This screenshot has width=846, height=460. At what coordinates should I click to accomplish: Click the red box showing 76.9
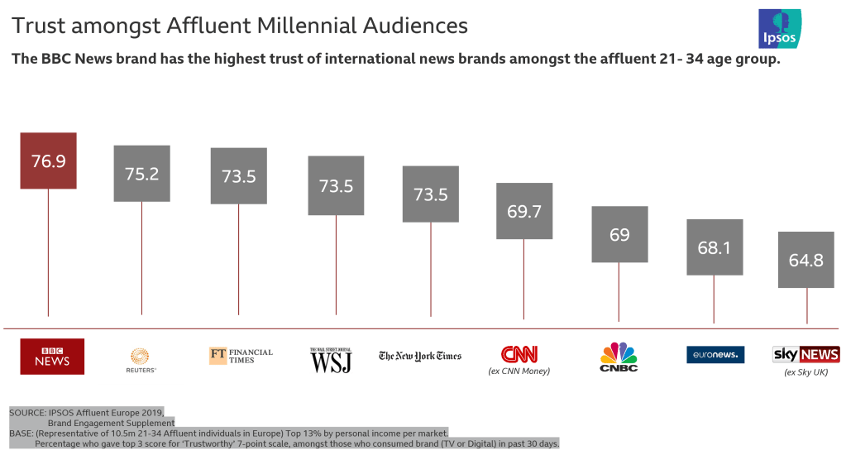[x=48, y=161]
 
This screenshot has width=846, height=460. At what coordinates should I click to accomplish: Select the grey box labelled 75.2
[x=141, y=173]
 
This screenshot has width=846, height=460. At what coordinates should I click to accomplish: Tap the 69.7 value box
[x=524, y=211]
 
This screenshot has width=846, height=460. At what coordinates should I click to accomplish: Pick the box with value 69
[x=619, y=234]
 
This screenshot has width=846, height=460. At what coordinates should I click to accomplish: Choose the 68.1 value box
[x=715, y=247]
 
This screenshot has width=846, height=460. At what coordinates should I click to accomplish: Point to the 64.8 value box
[x=806, y=260]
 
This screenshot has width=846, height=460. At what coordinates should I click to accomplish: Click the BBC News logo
[x=51, y=356]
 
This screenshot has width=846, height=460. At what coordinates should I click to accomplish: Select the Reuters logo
[x=142, y=359]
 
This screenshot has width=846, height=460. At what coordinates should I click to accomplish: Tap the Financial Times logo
[x=241, y=356]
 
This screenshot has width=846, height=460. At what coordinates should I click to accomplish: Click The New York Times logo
[x=420, y=356]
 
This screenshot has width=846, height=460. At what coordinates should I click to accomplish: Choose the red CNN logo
[x=519, y=354]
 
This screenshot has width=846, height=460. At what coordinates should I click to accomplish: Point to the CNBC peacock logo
[x=619, y=357]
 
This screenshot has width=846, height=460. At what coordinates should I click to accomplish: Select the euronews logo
[x=715, y=355]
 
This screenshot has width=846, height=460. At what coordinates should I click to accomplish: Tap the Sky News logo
[x=806, y=355]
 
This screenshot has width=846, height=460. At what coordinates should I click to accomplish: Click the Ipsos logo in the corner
[x=779, y=29]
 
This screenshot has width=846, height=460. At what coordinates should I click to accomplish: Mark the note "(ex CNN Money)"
[x=519, y=371]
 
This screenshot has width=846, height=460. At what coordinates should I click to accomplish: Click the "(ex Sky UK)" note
[x=806, y=373]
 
